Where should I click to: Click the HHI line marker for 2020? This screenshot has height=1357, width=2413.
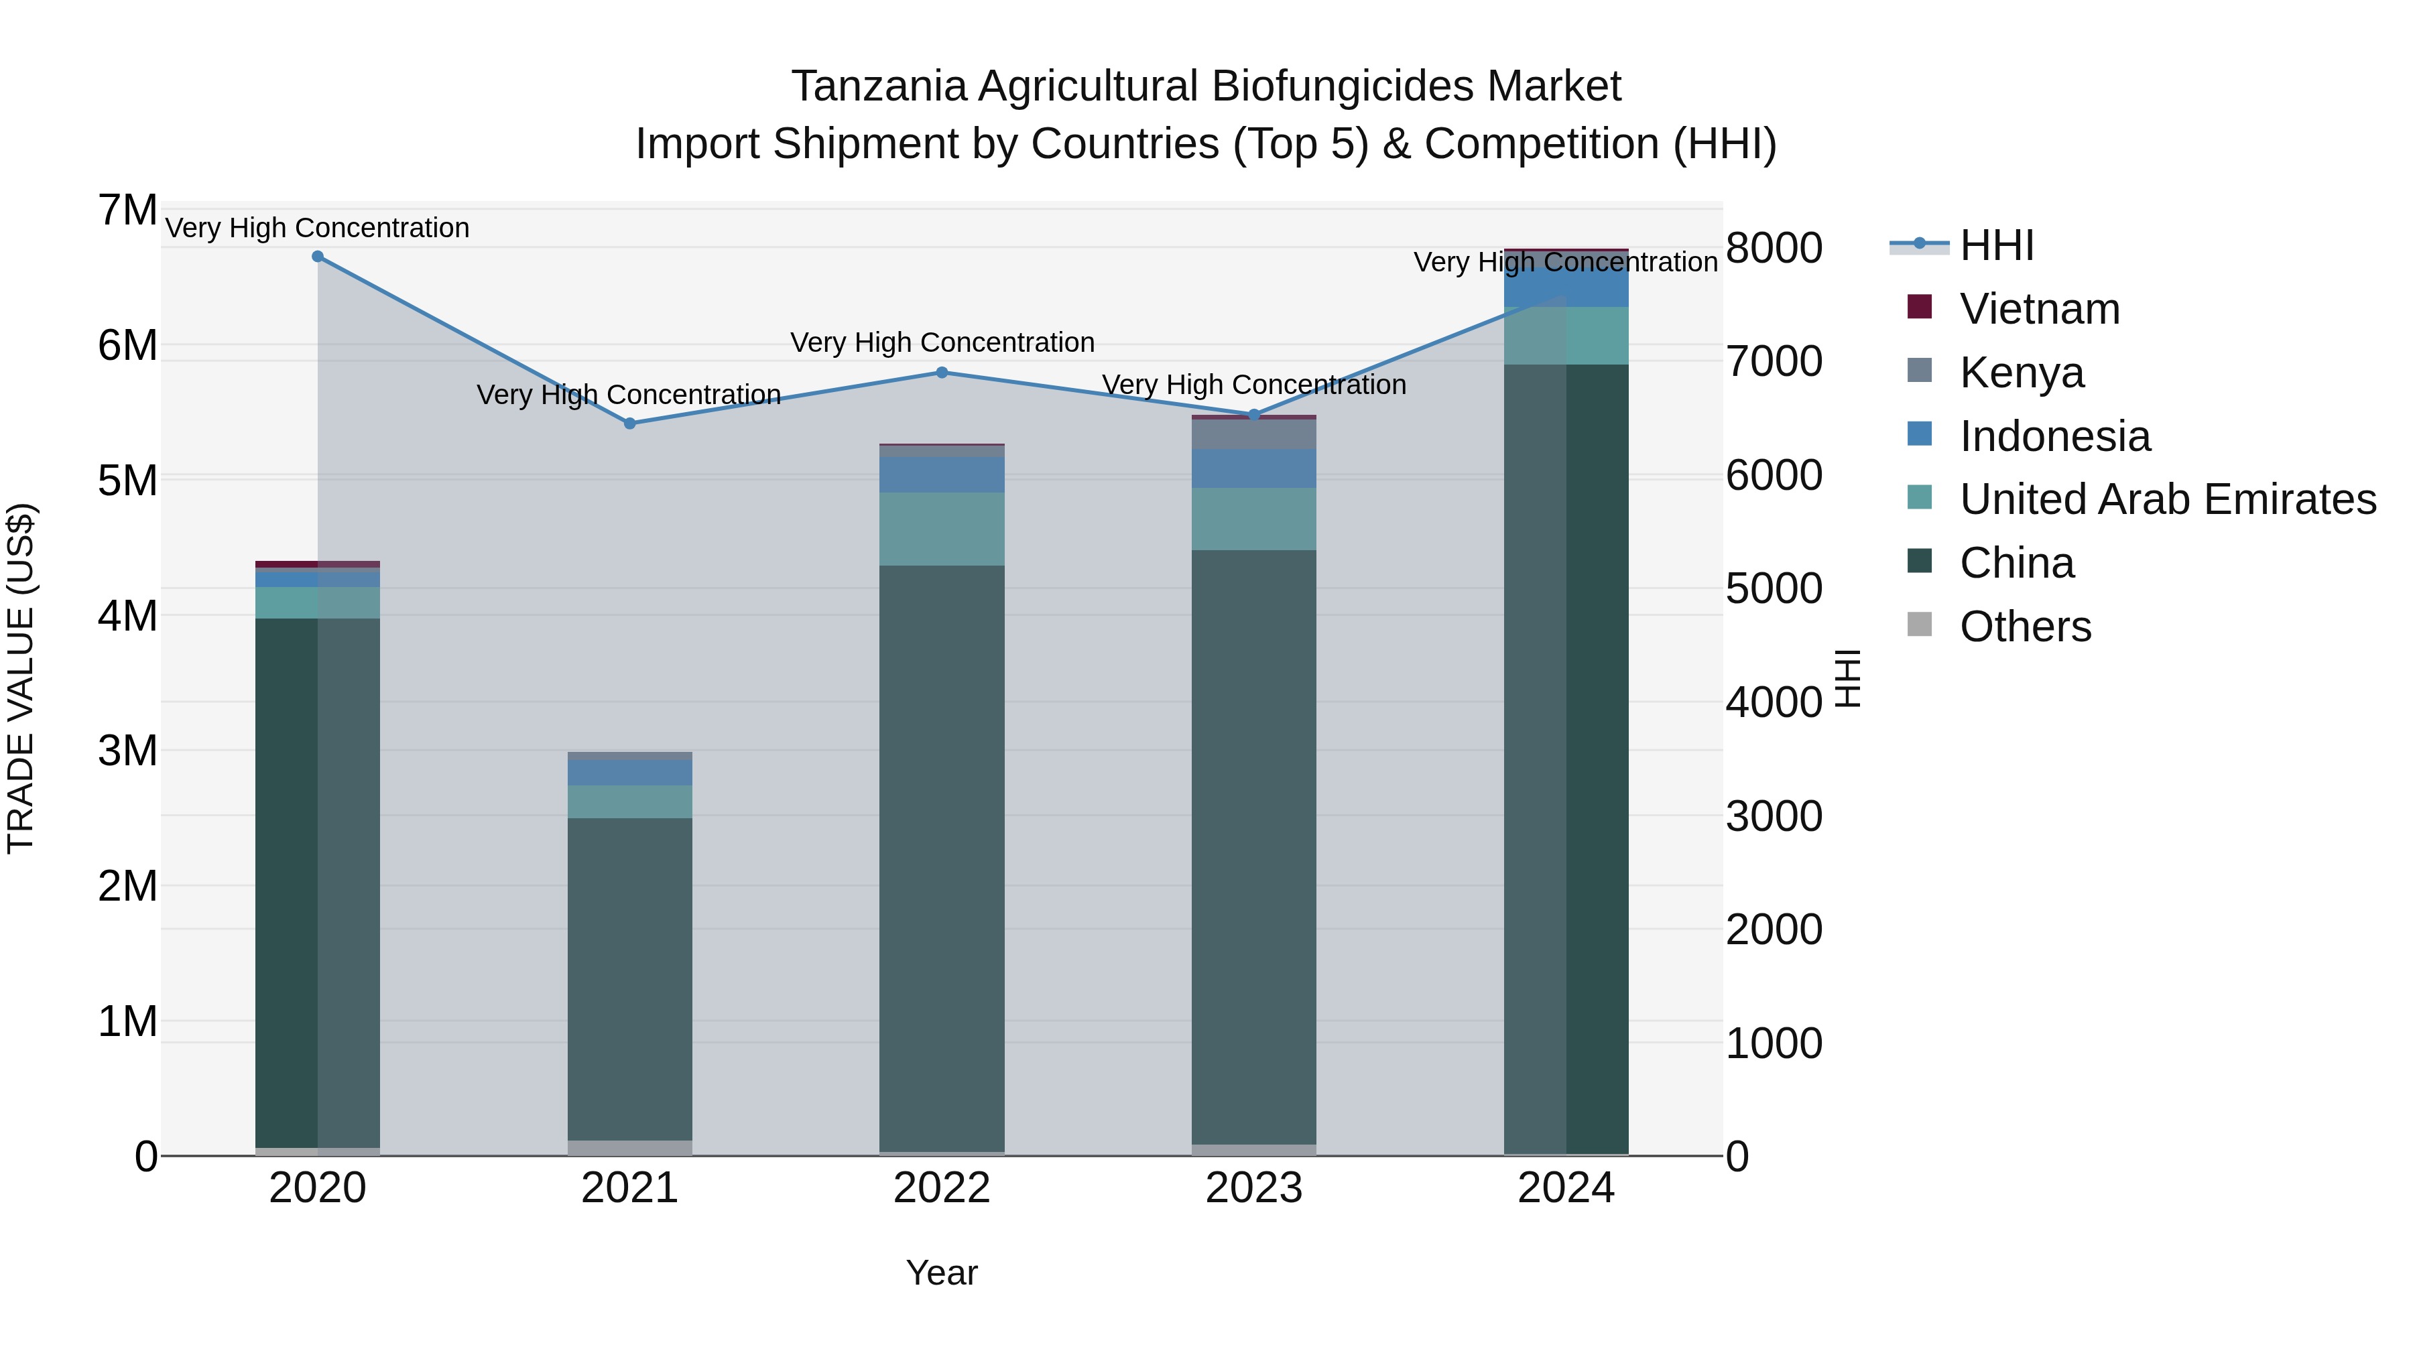pos(318,257)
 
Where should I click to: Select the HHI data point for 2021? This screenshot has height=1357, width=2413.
pos(629,424)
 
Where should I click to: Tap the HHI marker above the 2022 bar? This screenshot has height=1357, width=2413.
pos(942,373)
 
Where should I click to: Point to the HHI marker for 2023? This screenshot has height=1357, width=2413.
pos(1254,415)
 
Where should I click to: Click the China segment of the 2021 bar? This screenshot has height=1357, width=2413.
pos(629,978)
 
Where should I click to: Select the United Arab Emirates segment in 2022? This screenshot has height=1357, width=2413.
pos(942,529)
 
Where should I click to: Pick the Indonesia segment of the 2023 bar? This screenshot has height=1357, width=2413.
pos(1254,468)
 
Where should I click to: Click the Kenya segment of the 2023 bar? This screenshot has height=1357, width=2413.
pos(1254,434)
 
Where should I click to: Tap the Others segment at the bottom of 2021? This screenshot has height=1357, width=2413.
pos(629,1147)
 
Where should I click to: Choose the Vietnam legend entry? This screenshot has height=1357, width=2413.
pos(2038,309)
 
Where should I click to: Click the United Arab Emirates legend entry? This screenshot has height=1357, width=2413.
pos(2166,499)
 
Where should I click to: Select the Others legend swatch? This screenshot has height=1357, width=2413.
pos(1920,625)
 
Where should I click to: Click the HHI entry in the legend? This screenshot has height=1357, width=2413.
pos(1995,245)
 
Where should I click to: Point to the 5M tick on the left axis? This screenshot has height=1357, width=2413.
pos(127,480)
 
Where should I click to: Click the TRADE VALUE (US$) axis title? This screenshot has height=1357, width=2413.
pos(21,678)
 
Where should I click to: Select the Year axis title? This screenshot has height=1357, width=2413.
pos(942,1273)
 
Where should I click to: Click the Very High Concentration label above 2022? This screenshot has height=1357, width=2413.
pos(942,342)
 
